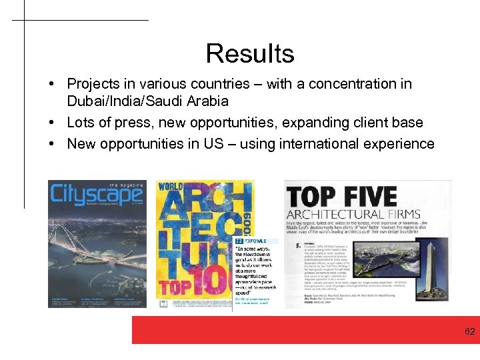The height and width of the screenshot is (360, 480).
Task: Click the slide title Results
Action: tap(250, 53)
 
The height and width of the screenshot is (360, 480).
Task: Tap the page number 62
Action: tap(469, 331)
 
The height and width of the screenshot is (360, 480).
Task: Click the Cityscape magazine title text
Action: tap(96, 195)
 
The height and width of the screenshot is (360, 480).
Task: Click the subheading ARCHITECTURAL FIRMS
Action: tap(353, 215)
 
